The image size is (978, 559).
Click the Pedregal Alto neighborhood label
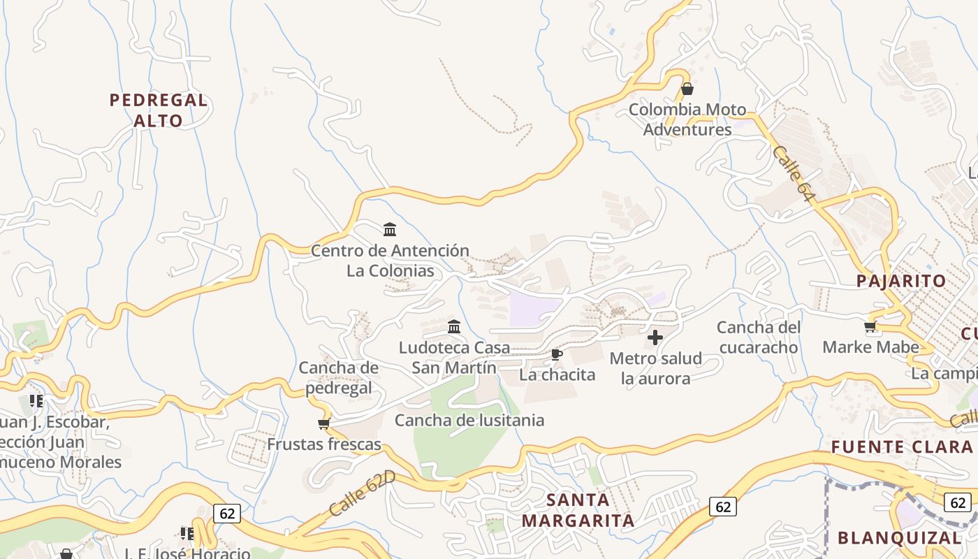click(x=159, y=110)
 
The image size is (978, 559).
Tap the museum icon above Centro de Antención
click(x=390, y=229)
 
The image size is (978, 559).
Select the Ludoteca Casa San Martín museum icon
click(x=454, y=326)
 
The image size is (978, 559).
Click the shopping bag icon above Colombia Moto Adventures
click(x=687, y=89)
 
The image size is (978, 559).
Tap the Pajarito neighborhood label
click(x=902, y=282)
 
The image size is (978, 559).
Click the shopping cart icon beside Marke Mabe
click(x=870, y=326)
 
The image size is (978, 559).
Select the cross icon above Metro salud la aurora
click(x=655, y=338)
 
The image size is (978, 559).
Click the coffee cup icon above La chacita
click(x=557, y=355)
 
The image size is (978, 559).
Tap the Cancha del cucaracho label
click(x=757, y=337)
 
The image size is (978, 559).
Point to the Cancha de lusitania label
click(x=469, y=420)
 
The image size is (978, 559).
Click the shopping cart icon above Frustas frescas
click(x=323, y=423)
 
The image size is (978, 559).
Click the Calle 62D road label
click(x=362, y=494)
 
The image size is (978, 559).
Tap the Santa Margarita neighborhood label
click(x=578, y=510)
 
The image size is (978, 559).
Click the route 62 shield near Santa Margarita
click(x=723, y=506)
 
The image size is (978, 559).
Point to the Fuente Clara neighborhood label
click(x=902, y=447)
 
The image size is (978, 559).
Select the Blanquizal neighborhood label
click(x=900, y=538)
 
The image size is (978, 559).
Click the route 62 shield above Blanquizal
click(x=957, y=502)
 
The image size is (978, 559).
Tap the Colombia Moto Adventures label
click(x=687, y=119)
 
